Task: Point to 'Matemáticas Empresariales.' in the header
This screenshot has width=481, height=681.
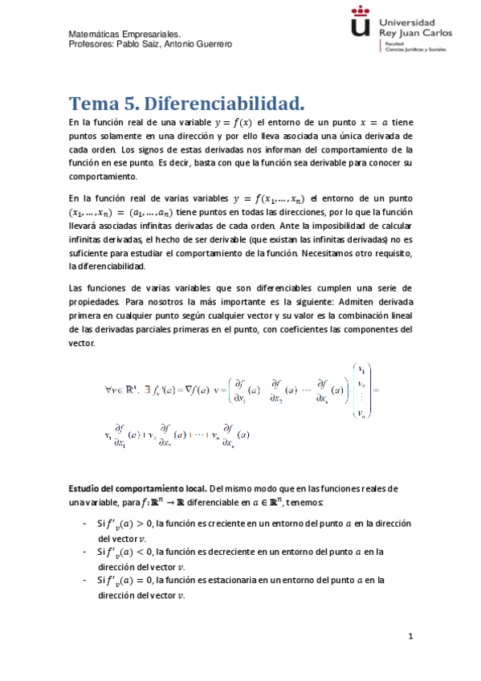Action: [x=124, y=35]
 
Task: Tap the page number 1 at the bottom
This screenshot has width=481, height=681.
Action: [x=410, y=637]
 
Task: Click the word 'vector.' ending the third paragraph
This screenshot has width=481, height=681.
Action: [x=82, y=343]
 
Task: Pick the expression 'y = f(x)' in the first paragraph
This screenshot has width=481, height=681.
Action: [x=232, y=122]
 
